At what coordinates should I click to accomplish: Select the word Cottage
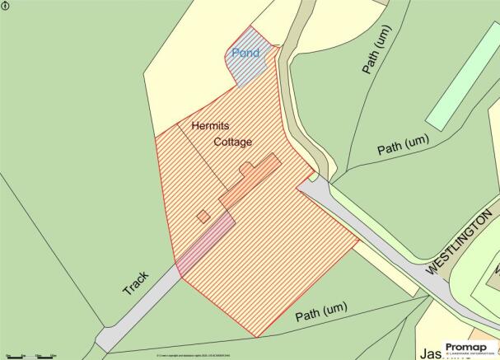[233, 143]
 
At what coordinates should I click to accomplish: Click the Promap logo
[470, 348]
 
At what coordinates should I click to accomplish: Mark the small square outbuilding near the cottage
[203, 217]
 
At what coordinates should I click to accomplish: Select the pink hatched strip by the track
[203, 243]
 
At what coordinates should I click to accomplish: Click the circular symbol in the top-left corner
[6, 6]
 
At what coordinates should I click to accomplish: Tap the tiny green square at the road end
[314, 175]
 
